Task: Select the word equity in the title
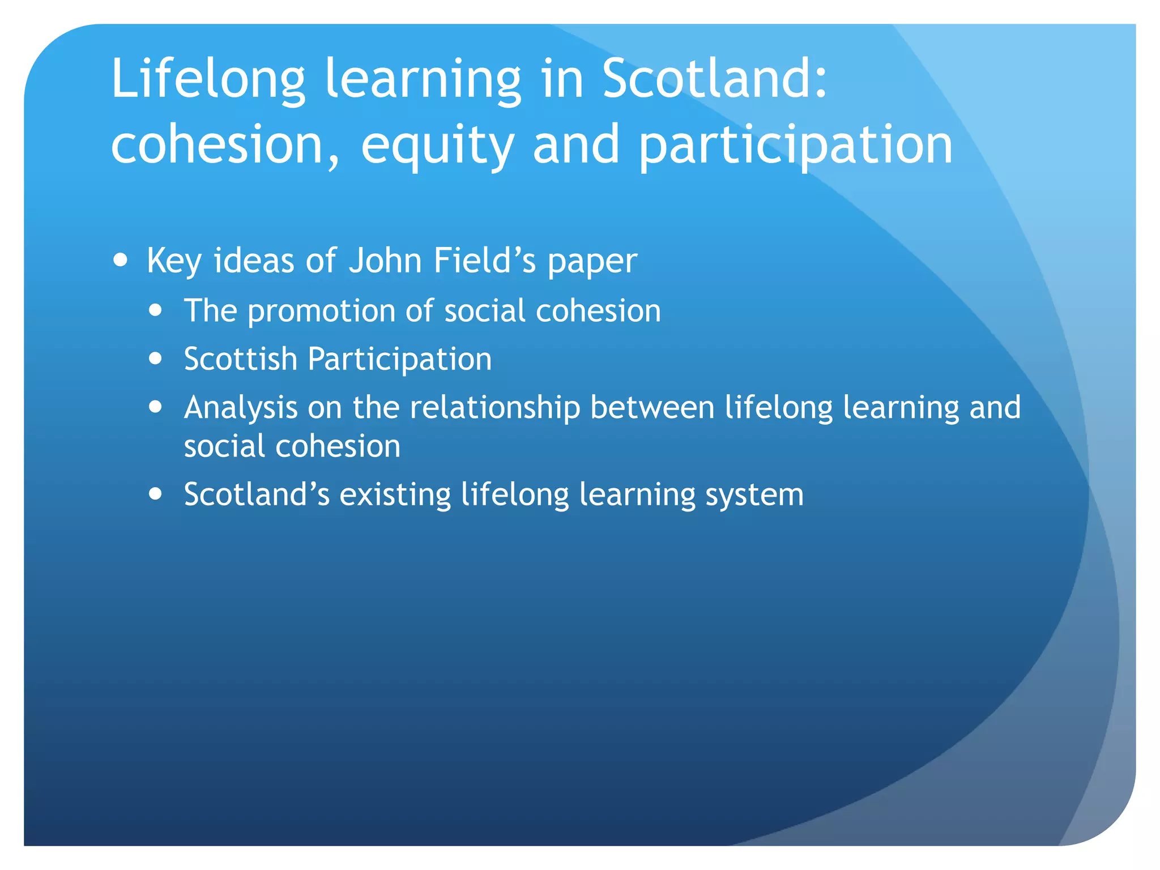tap(437, 146)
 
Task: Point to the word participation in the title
tap(796, 146)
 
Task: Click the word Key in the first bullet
tap(174, 261)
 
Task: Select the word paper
tap(592, 262)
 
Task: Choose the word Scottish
tap(241, 359)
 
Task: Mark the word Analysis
tap(241, 408)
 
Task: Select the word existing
tap(395, 494)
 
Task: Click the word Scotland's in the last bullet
tap(257, 494)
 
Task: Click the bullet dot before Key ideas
tap(120, 260)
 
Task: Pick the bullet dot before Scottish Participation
tap(155, 359)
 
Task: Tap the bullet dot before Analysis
tap(155, 407)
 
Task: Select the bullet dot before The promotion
tap(155, 310)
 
